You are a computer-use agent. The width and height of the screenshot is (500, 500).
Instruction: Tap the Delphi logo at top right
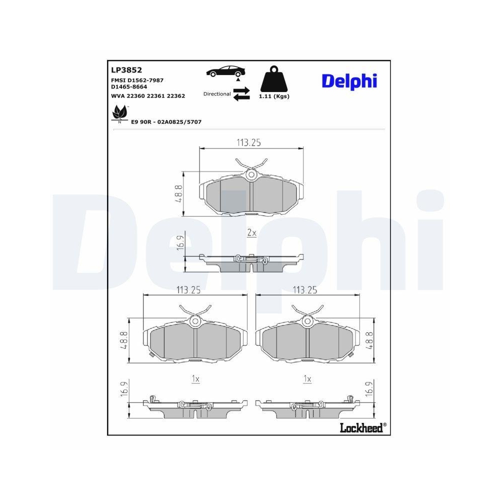[x=349, y=81]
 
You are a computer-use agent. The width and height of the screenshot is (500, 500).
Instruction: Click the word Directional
[x=217, y=94]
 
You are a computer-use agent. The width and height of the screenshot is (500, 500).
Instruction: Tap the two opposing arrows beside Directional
[x=241, y=94]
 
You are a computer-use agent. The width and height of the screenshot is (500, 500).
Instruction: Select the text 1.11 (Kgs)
[x=274, y=96]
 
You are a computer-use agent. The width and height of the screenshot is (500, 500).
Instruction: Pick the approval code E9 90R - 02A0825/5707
[x=166, y=122]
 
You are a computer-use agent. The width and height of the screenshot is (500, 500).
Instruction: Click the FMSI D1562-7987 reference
[x=137, y=80]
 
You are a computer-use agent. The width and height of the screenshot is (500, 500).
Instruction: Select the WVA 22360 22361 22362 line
[x=147, y=95]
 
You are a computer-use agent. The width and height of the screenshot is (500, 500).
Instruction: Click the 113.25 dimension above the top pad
[x=249, y=142]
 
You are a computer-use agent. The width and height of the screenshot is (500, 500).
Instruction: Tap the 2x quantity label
[x=251, y=232]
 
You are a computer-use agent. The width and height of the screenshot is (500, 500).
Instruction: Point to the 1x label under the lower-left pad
[x=195, y=379]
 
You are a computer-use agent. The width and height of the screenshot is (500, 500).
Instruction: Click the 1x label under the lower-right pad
[x=307, y=379]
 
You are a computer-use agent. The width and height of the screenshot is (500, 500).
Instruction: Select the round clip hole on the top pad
[x=251, y=174]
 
